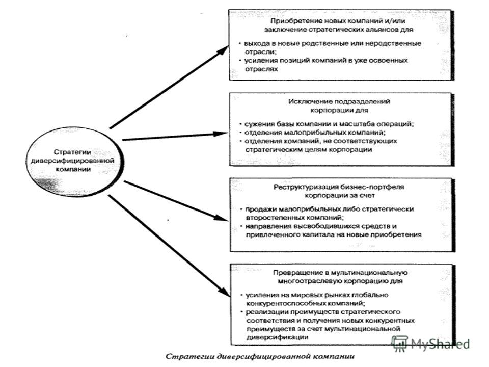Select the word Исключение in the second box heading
[305, 102]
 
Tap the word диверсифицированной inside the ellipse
[72, 161]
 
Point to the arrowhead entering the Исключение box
[221, 134]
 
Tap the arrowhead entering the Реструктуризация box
[221, 218]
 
